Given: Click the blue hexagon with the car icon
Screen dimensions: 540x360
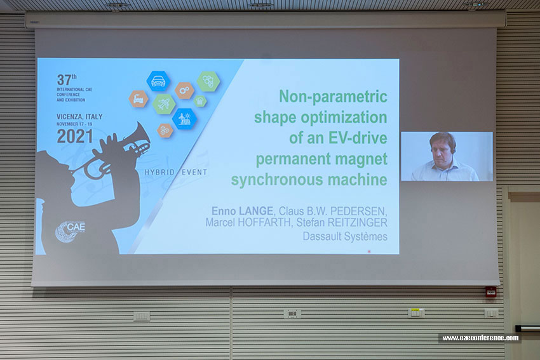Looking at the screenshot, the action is [158, 81].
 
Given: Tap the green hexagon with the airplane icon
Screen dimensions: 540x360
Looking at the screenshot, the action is [164, 104].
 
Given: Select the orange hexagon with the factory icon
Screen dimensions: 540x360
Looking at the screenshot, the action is [138, 99].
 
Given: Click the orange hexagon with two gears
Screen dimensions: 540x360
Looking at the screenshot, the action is [184, 91].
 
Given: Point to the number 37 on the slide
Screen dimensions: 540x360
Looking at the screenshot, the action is [64, 80].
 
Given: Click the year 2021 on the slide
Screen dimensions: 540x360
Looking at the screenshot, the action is [75, 137].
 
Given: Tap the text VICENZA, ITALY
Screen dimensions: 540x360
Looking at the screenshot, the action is [79, 117].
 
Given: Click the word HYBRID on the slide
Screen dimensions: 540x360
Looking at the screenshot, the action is [159, 172].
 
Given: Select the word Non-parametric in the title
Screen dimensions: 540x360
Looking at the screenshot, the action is [333, 97].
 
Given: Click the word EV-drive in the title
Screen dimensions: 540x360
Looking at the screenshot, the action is [358, 138].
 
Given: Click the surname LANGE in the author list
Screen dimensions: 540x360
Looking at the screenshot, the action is [256, 211].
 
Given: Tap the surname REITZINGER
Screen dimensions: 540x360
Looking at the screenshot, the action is [357, 222].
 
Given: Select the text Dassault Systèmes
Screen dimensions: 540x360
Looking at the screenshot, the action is [345, 236].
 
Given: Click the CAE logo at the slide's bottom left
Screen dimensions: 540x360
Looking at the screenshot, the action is [70, 231].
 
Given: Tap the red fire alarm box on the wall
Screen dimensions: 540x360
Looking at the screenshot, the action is [490, 292].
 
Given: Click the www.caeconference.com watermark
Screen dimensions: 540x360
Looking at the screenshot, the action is [480, 338].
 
